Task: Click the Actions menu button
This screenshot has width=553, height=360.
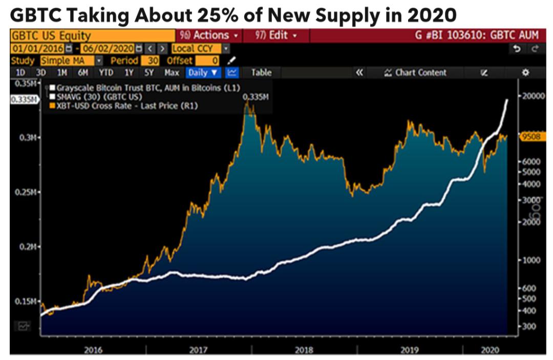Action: click(x=209, y=35)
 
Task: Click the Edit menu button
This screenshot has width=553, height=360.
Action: click(x=276, y=35)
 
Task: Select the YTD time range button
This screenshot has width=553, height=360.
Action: click(x=105, y=73)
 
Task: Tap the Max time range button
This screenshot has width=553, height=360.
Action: click(x=172, y=73)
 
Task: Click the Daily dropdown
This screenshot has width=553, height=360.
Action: click(x=203, y=73)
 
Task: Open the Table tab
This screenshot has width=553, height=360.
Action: click(x=261, y=73)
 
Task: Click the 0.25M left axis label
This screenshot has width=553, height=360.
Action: click(x=26, y=192)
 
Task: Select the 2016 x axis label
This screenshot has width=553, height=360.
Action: click(x=93, y=350)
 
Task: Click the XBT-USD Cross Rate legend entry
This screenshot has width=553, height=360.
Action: click(x=125, y=105)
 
